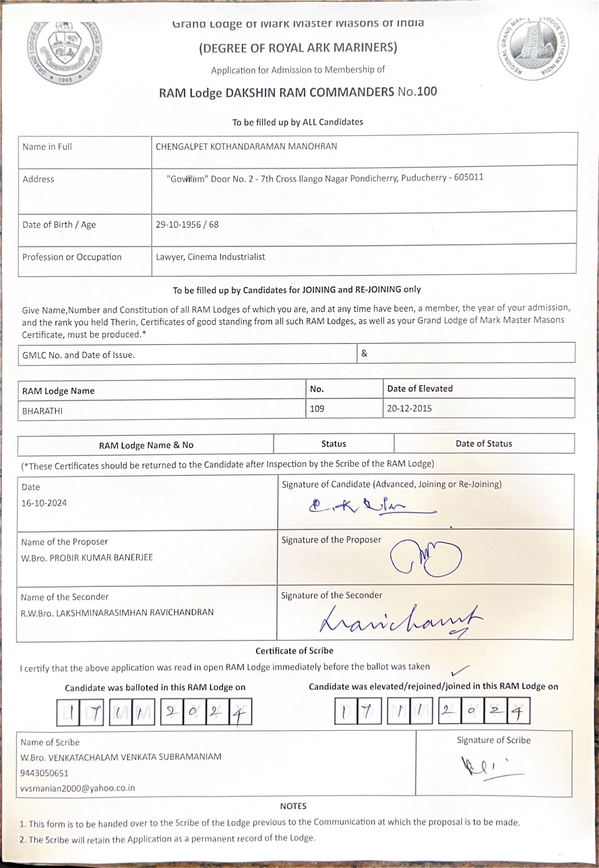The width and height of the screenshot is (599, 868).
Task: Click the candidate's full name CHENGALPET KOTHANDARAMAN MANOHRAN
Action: click(x=246, y=146)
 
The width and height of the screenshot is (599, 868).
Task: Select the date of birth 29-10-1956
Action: click(x=178, y=225)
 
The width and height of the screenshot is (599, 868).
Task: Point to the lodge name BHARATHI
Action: click(x=43, y=411)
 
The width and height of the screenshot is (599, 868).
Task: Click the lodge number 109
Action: click(x=317, y=409)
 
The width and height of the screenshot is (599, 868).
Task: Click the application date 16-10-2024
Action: click(x=44, y=503)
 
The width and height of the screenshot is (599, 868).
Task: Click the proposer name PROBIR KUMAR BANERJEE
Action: click(x=101, y=558)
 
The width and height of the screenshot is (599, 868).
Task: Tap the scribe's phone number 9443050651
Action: click(x=44, y=773)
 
